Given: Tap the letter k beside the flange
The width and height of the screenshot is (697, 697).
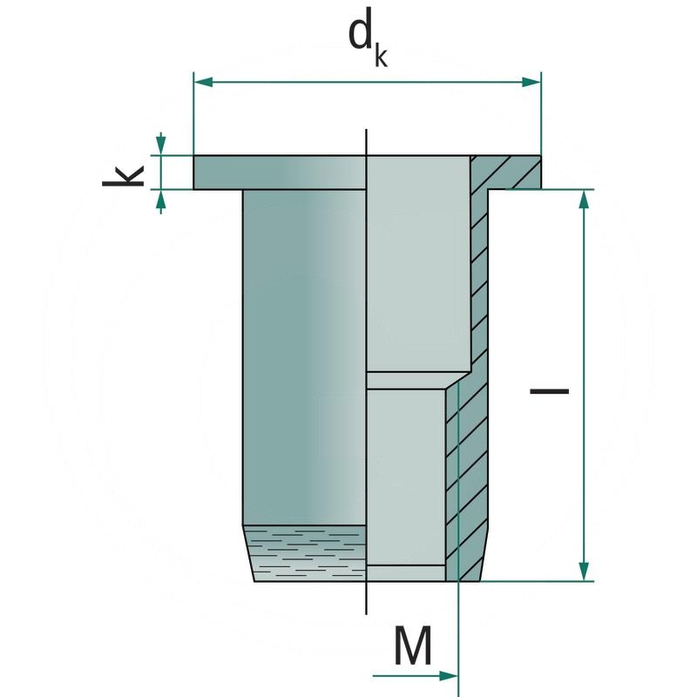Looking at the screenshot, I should click(123, 171).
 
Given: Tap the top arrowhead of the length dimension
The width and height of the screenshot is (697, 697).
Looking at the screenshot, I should click(585, 200).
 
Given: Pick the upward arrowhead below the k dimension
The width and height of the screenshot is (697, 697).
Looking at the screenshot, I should click(159, 200).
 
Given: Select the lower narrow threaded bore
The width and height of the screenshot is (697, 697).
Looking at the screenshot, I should click(406, 475).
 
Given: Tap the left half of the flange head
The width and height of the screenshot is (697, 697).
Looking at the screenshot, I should click(279, 173).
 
